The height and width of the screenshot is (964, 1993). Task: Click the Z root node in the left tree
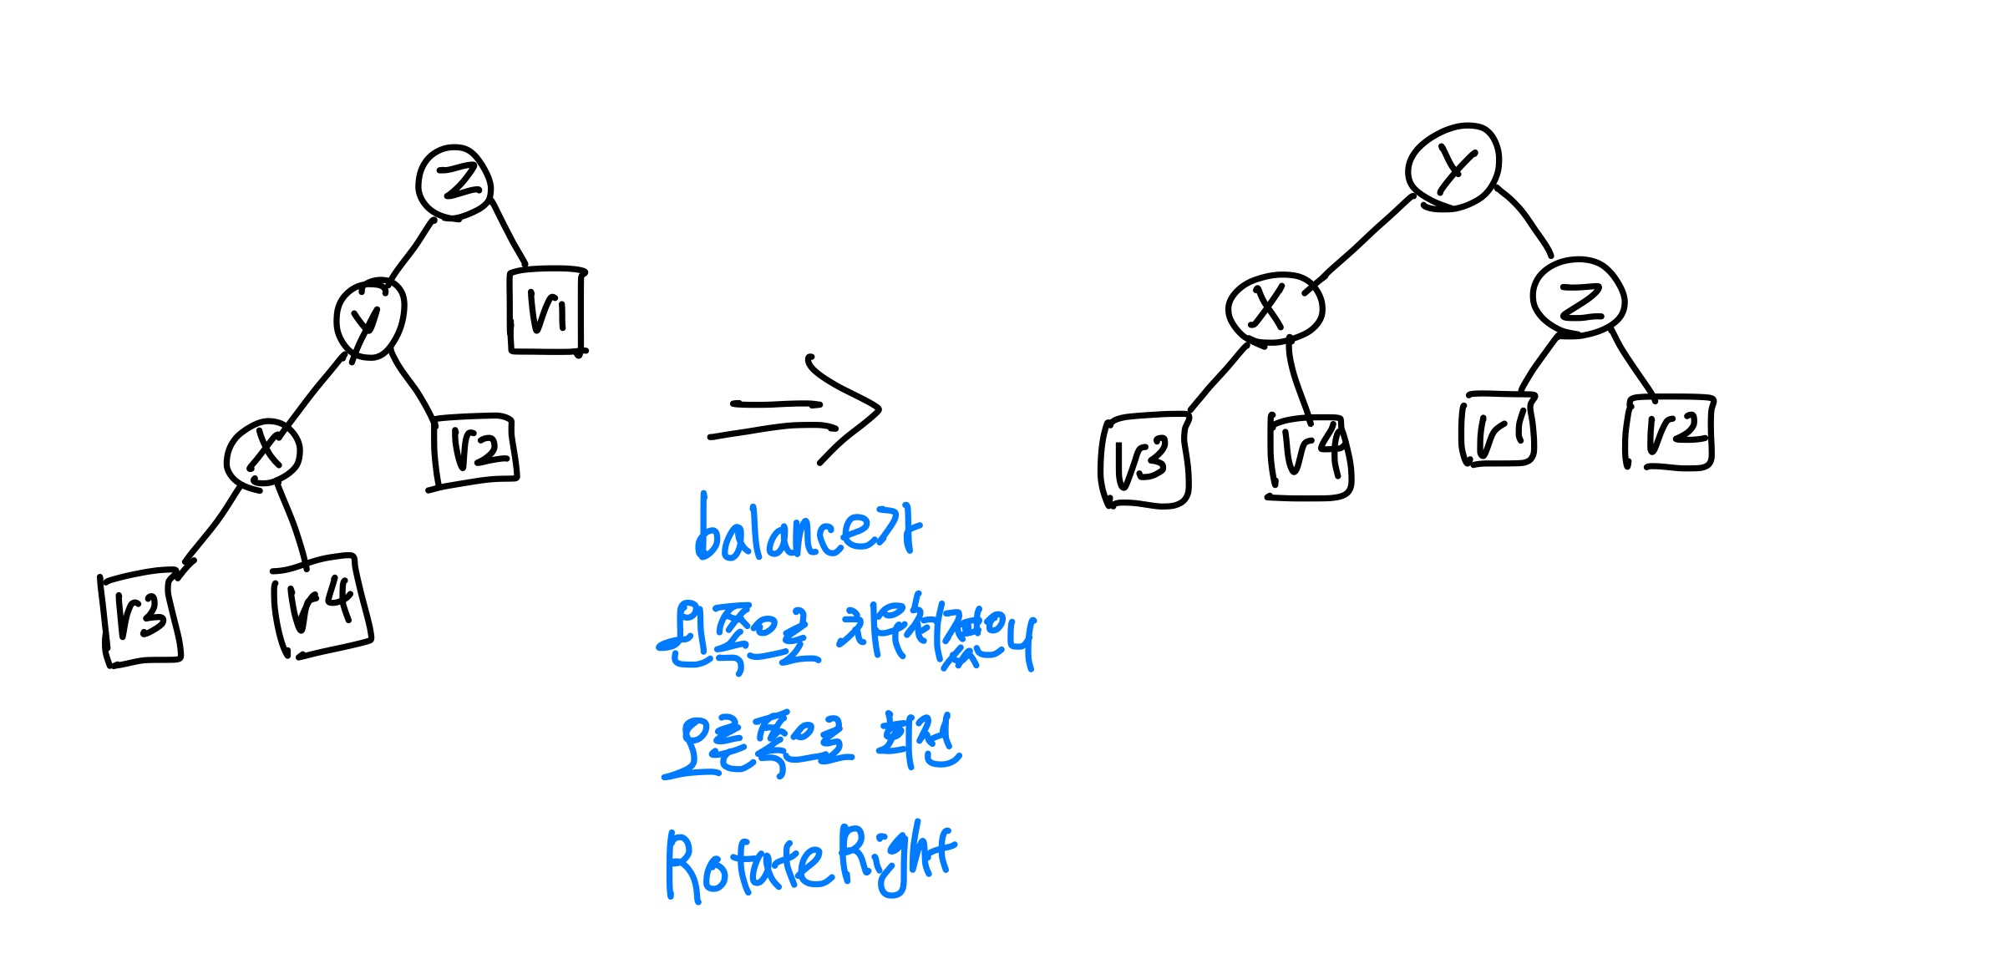point(454,182)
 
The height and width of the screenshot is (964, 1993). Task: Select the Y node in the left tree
point(369,319)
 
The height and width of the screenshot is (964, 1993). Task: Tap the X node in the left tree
point(264,453)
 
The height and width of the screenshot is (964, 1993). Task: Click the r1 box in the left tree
point(547,311)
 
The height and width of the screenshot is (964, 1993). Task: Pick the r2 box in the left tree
point(474,450)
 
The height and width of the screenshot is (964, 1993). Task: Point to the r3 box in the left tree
point(140,618)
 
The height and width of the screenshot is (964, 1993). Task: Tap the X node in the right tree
point(1274,307)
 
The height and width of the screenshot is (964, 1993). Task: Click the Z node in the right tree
point(1578,299)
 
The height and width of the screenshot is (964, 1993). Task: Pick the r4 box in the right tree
point(1309,457)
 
